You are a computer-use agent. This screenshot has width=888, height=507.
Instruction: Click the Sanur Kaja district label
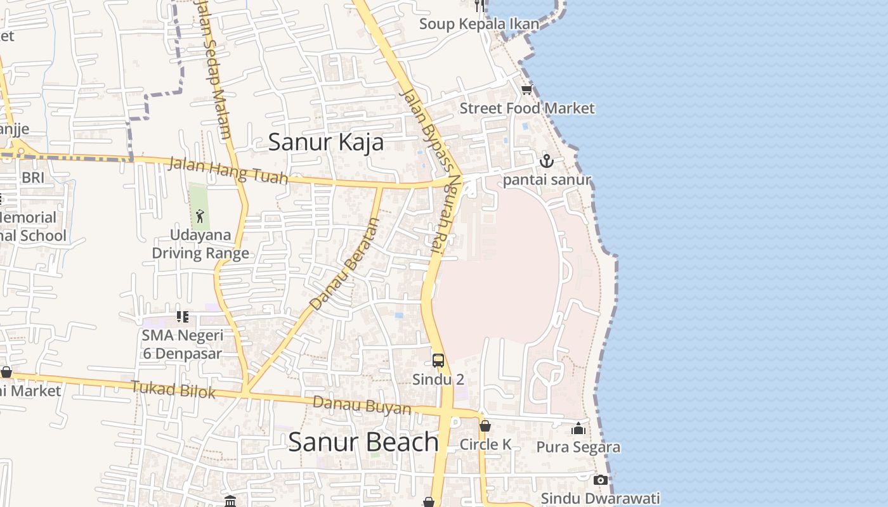coord(326,142)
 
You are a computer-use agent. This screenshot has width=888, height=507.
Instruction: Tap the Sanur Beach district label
coord(363,442)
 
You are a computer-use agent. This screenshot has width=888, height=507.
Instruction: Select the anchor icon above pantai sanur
coord(547,161)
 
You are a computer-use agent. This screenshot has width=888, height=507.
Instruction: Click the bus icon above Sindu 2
coord(438,361)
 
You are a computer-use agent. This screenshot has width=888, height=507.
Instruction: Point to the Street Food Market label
coord(527,108)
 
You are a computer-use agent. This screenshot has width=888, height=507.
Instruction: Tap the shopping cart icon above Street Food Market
coord(526,89)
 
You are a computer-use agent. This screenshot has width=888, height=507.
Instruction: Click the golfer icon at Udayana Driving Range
coord(200,216)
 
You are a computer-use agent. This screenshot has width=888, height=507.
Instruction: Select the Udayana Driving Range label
coord(200,244)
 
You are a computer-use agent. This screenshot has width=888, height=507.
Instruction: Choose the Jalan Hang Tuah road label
coord(228,171)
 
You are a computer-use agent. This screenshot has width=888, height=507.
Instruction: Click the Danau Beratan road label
coord(346,264)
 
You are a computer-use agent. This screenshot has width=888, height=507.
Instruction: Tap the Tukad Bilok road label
coord(173,389)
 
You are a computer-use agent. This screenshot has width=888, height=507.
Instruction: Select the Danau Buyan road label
coord(362,405)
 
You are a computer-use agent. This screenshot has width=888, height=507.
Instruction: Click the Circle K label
coord(485,444)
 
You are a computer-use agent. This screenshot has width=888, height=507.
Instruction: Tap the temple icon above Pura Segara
coord(578,429)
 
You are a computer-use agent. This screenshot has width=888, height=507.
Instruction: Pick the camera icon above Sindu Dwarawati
coord(600,480)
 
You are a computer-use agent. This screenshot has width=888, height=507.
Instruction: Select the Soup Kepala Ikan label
coord(479,24)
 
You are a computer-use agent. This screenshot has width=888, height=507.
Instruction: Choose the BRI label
coord(33,177)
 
